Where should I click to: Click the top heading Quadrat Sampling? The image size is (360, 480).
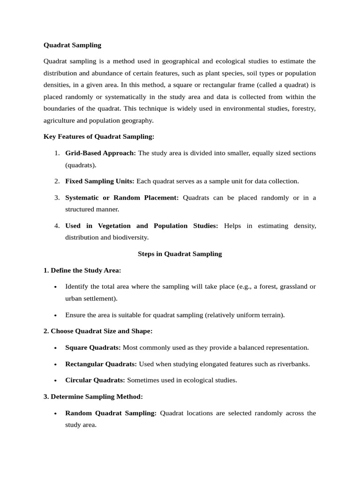[72, 45]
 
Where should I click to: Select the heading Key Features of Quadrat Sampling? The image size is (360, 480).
[98, 136]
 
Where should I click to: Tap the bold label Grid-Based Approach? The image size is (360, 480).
[100, 153]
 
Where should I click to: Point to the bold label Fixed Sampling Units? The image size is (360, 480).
[99, 181]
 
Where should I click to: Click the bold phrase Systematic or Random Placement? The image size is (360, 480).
[122, 198]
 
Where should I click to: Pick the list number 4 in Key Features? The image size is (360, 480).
[56, 226]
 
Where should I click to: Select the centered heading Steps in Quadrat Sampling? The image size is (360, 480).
[180, 254]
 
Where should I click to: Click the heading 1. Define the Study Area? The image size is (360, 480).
[82, 270]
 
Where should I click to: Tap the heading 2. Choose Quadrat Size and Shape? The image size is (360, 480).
[98, 331]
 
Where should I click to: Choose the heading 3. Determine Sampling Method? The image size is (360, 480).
[93, 397]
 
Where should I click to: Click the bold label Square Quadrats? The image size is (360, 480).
[93, 348]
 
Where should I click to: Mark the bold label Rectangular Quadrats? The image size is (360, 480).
[101, 364]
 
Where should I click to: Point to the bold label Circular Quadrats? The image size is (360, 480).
[95, 380]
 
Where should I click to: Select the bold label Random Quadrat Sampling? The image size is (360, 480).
[111, 413]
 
